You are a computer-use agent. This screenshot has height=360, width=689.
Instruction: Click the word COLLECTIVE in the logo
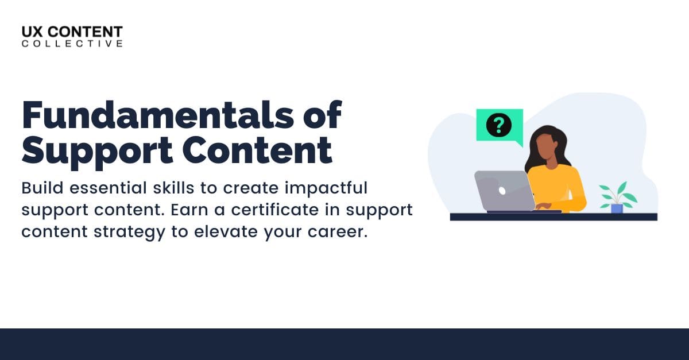click(72, 44)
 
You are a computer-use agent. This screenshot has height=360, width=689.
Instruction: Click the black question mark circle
click(498, 124)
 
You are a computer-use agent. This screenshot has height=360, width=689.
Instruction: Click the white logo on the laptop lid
click(501, 189)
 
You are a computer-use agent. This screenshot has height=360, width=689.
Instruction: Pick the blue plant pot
click(617, 208)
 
